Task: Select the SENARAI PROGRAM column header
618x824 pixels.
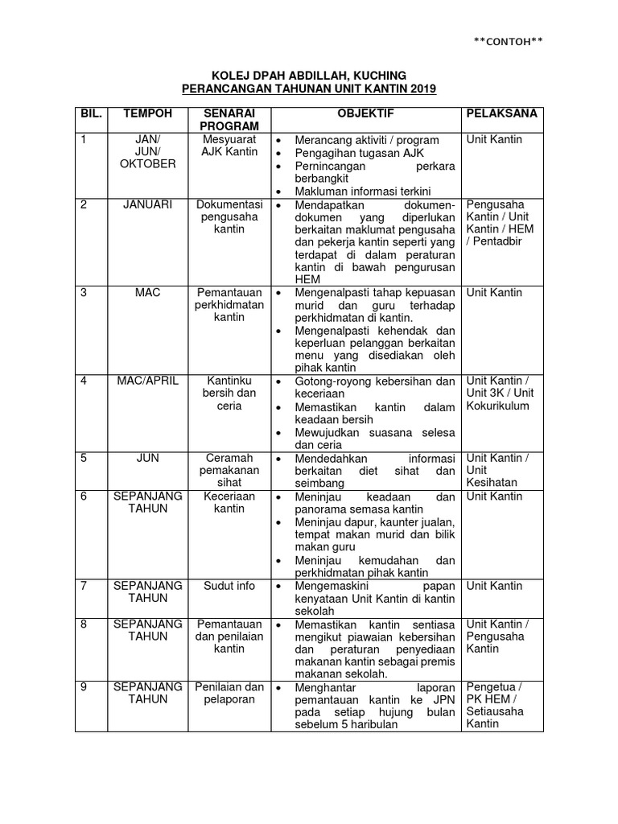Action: coord(229,120)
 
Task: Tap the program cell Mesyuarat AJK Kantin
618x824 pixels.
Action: coord(229,146)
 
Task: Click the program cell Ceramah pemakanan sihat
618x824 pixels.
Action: coord(229,470)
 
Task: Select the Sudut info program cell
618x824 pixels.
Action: coord(229,586)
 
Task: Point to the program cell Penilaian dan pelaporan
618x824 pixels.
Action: coord(229,693)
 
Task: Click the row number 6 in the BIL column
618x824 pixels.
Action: coord(84,496)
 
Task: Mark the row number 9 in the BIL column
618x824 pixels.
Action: coord(84,686)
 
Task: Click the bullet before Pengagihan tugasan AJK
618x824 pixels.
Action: coord(278,153)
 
